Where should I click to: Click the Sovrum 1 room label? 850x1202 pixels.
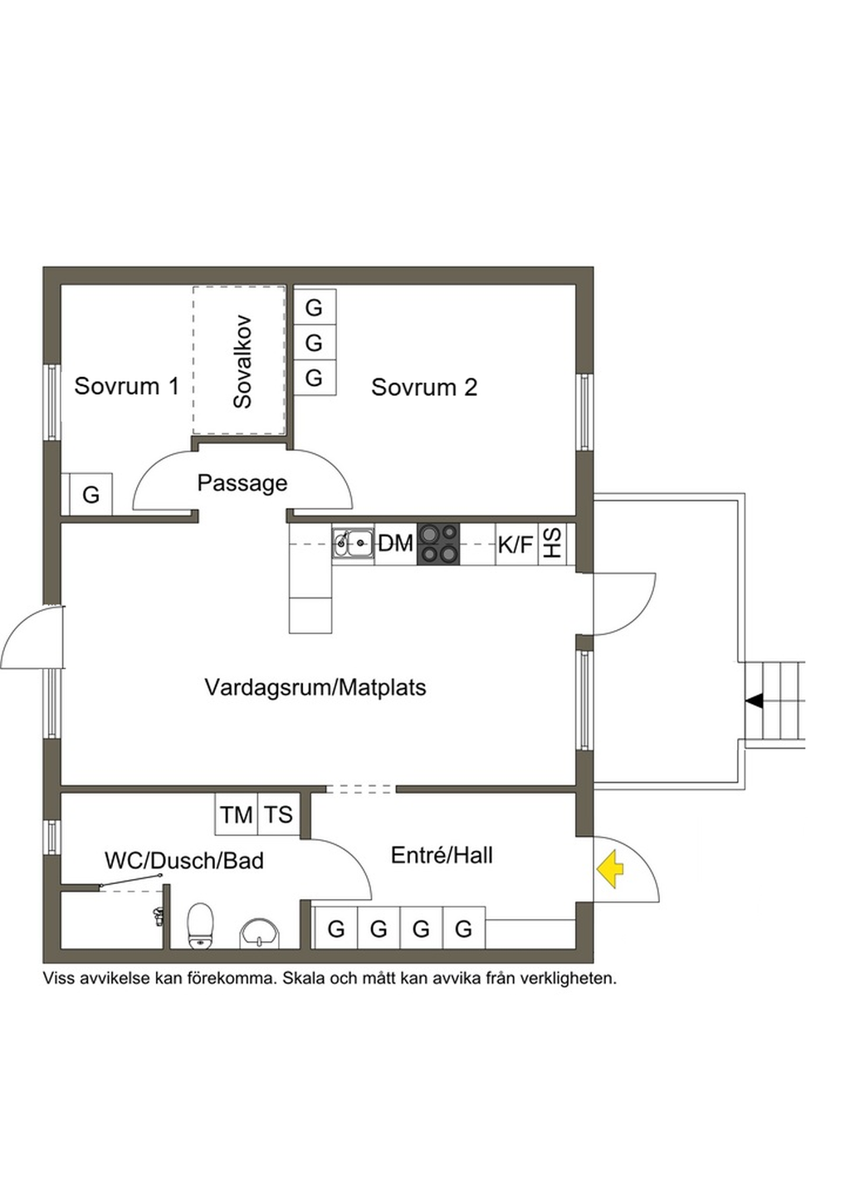click(x=126, y=386)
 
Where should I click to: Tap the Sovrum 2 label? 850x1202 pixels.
click(x=423, y=387)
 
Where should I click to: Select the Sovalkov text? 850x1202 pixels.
click(x=242, y=361)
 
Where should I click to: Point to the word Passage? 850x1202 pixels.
click(x=242, y=483)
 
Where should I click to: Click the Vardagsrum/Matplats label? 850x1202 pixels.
click(x=315, y=687)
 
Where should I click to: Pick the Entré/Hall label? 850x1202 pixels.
click(x=442, y=855)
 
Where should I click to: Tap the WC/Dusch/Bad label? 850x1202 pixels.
click(x=184, y=861)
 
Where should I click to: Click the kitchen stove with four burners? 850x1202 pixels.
click(x=438, y=544)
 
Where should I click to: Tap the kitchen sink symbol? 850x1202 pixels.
click(x=353, y=544)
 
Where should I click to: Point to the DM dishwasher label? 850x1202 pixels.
click(x=395, y=544)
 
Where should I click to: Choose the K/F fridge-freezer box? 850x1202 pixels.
click(x=515, y=545)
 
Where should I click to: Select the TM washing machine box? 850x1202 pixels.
click(x=237, y=814)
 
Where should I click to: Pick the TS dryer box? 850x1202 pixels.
click(x=279, y=814)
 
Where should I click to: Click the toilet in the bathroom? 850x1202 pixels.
click(x=201, y=926)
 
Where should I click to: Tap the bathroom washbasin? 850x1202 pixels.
click(x=260, y=933)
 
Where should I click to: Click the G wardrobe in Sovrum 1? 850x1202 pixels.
click(x=90, y=495)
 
